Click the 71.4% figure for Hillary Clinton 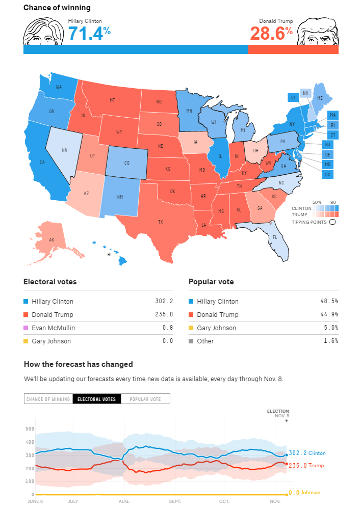(89, 34)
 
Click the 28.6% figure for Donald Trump (271, 34)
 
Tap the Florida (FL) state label (275, 237)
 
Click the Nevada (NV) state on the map (65, 150)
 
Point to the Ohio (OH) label (256, 150)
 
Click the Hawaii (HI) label (109, 254)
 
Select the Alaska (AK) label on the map (52, 239)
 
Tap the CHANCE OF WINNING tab (48, 399)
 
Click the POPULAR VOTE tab (145, 399)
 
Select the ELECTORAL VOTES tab (96, 399)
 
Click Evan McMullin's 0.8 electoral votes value (167, 328)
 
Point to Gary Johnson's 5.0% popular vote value (331, 328)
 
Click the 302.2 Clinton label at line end (307, 453)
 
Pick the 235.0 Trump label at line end (306, 465)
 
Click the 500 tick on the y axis (30, 428)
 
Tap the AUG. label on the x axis (124, 501)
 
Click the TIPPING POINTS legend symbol (332, 222)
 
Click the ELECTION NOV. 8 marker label (278, 413)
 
